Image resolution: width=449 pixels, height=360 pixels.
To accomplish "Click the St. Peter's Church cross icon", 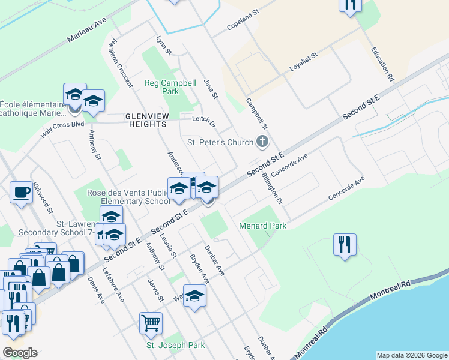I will (x=262, y=142).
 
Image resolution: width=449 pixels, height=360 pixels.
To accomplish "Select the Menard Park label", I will (x=262, y=226).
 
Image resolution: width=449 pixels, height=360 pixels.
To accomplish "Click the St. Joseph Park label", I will (x=176, y=345).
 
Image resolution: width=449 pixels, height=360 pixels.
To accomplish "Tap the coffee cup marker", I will (x=22, y=193).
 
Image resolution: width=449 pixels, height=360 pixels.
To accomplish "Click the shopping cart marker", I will (x=151, y=323).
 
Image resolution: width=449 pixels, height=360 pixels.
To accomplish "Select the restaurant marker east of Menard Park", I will (x=345, y=245).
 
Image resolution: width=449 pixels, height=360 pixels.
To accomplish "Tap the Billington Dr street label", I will (x=271, y=188).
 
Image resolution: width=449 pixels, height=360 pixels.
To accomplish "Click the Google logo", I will (x=20, y=353).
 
